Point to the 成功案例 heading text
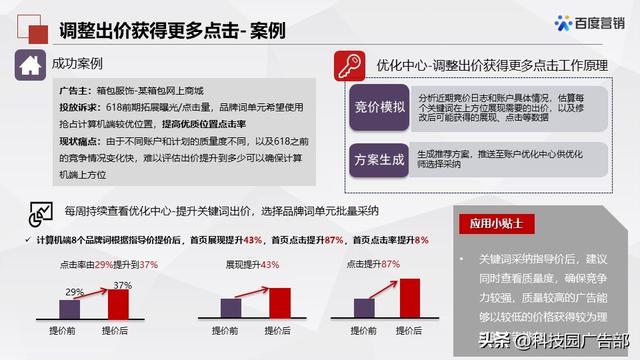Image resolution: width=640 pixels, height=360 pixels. tap(80, 66)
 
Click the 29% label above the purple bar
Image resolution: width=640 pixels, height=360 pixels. tap(74, 293)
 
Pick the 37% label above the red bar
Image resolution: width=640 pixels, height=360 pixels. tap(121, 286)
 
